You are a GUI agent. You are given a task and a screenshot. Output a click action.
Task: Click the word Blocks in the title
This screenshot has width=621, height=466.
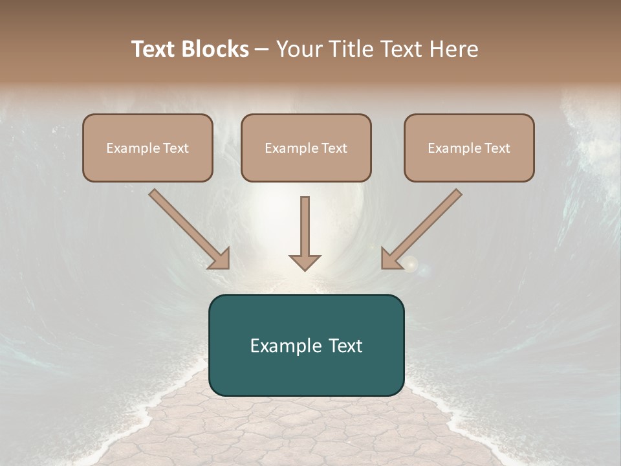[x=215, y=49]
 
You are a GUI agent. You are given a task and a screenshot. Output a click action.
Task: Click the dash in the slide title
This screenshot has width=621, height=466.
[x=262, y=50]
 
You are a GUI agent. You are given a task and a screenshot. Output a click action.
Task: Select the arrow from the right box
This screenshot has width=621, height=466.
[x=424, y=227]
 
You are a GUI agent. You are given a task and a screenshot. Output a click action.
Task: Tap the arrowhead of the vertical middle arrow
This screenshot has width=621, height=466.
[x=305, y=262]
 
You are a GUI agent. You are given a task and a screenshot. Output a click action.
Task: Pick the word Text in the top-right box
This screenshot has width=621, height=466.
[x=497, y=148]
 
